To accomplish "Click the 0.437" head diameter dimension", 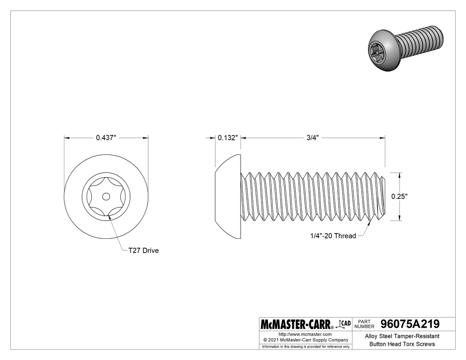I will click(x=106, y=138).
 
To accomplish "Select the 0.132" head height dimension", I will click(x=228, y=138).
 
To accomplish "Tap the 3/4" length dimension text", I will click(x=313, y=138).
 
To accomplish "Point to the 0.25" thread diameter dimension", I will click(x=400, y=196).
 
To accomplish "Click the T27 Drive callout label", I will click(x=143, y=251).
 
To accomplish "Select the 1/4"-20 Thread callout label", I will click(x=333, y=236).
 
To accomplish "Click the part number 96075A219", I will click(x=407, y=324).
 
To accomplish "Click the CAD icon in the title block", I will click(x=344, y=323).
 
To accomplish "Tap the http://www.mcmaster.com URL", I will click(x=305, y=334).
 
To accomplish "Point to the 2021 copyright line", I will click(x=305, y=340).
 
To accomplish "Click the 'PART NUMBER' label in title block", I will click(x=363, y=324).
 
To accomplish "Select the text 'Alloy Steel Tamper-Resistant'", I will click(x=402, y=336).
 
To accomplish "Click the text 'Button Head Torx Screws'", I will click(x=402, y=344).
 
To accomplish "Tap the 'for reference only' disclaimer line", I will click(x=306, y=347).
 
